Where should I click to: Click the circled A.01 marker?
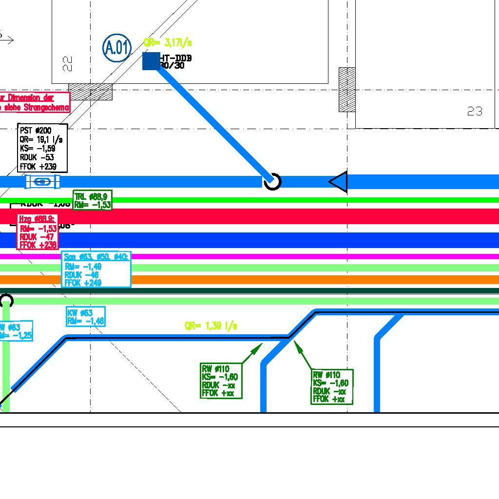(117, 48)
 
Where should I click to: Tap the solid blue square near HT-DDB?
(151, 61)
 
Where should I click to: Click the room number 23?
(475, 112)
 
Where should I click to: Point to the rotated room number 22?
(67, 63)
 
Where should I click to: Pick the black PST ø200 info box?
(42, 148)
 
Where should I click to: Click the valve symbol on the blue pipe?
(43, 182)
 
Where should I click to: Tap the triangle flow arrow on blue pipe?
(339, 182)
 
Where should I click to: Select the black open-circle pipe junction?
(272, 182)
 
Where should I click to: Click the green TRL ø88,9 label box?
(93, 200)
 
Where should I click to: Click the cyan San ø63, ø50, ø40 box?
(96, 269)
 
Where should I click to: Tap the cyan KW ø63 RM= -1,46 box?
(86, 317)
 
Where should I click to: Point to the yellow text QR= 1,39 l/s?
(211, 326)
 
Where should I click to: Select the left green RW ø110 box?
(221, 381)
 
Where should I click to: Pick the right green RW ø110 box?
(331, 386)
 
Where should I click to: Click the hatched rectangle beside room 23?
(347, 90)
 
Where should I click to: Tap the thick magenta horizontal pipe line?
(292, 256)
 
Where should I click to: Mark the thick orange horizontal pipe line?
(292, 280)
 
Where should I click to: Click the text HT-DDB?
(176, 58)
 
